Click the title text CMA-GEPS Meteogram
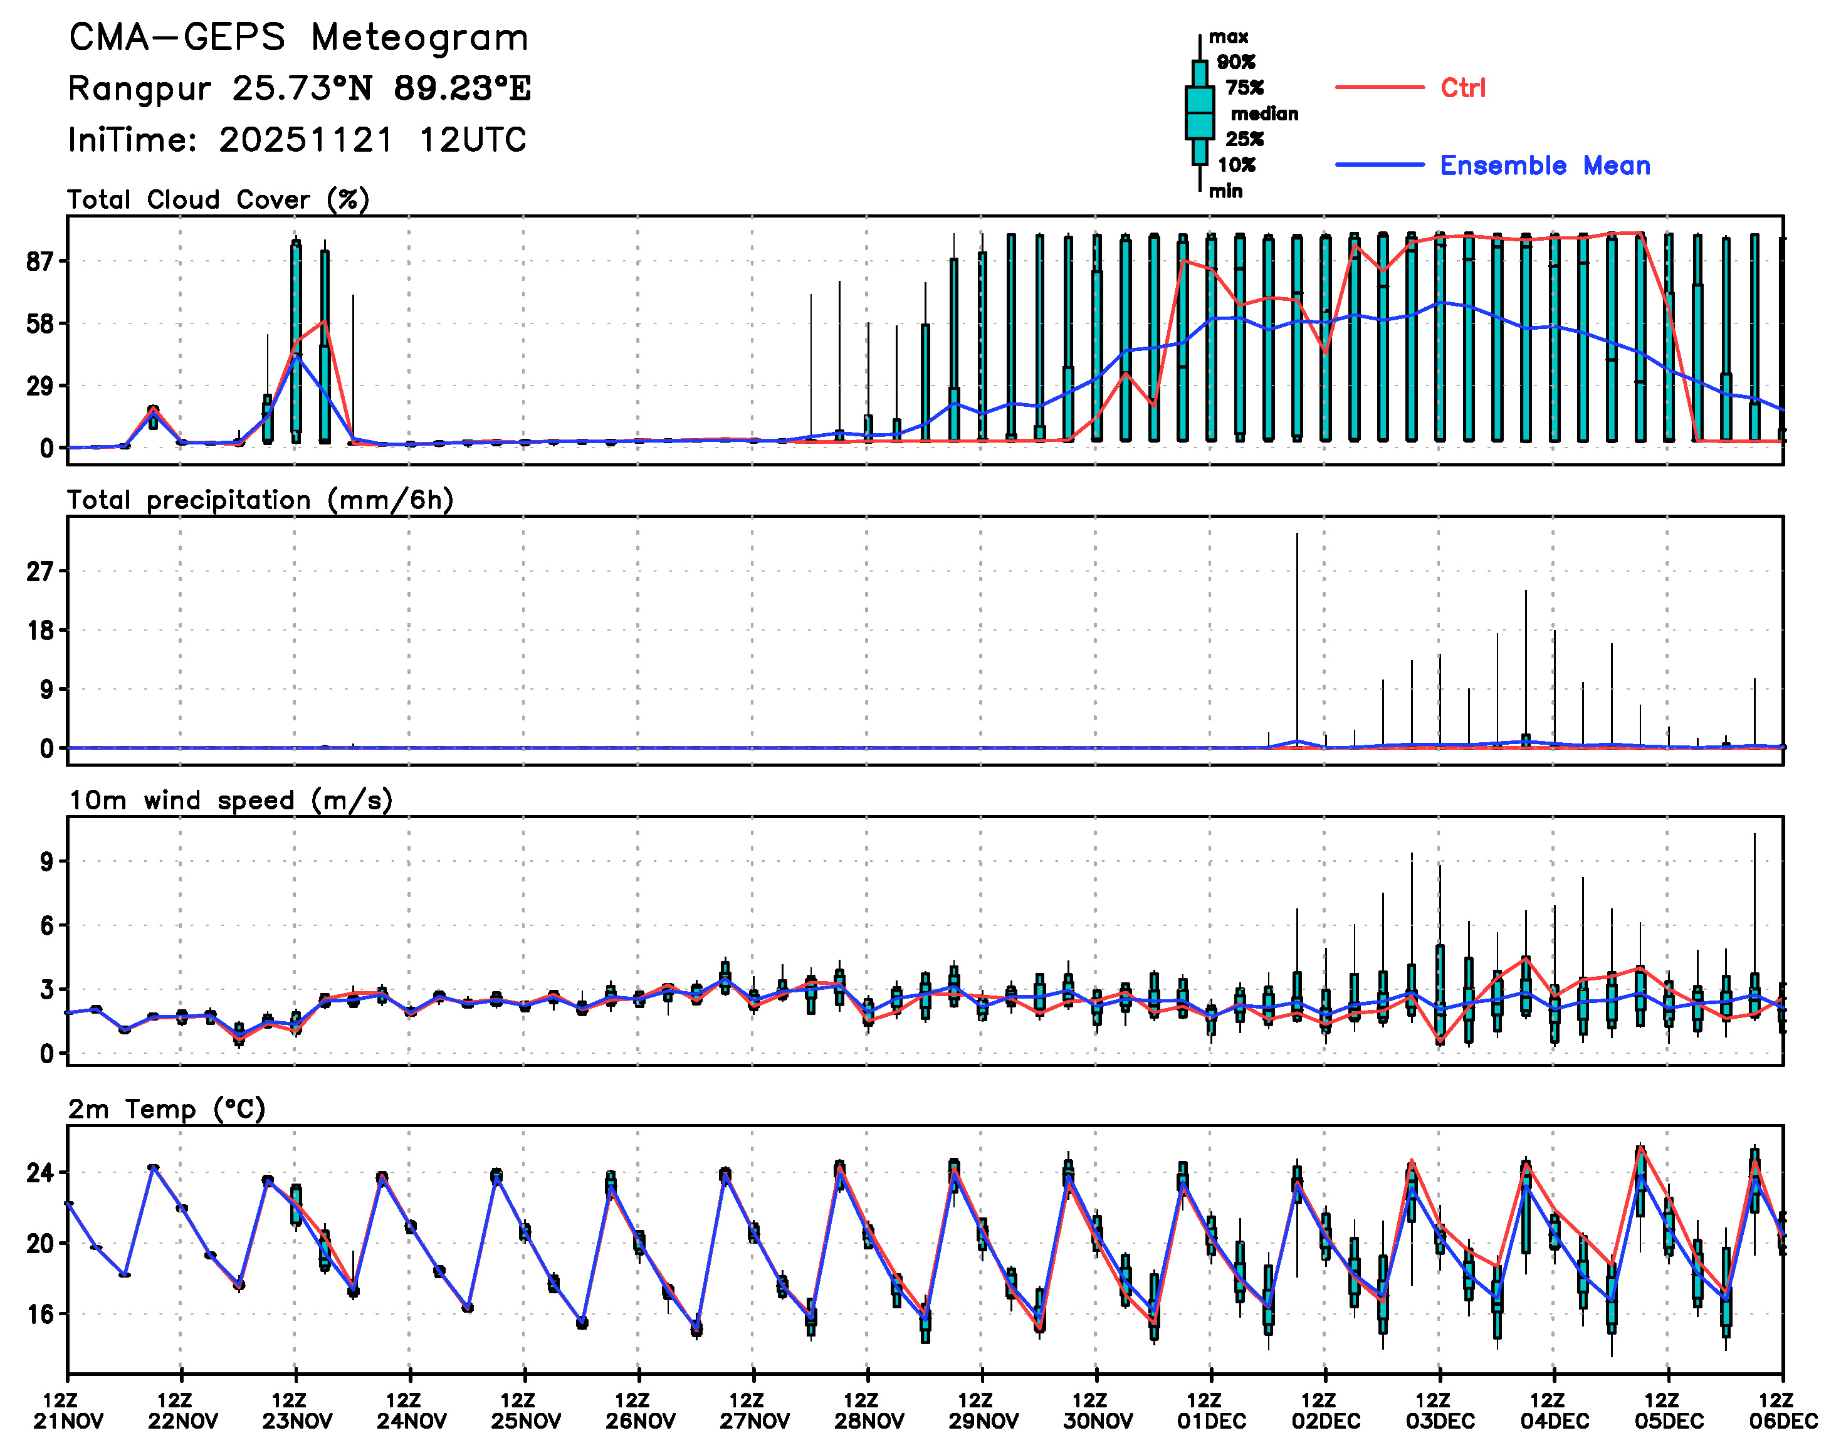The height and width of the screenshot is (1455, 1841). [298, 38]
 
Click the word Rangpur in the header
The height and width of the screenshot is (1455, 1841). [139, 88]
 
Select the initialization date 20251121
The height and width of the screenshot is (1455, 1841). [307, 140]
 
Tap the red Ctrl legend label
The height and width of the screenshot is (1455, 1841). [1463, 88]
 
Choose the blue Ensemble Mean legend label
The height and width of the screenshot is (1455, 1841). [1545, 165]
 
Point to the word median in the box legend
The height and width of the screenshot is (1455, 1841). [1264, 113]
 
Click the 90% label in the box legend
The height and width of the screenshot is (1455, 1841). [1235, 62]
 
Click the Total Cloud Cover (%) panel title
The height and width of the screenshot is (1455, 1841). [218, 199]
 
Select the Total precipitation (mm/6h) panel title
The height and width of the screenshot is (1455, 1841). [260, 500]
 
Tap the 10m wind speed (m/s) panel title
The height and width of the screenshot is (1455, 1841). [230, 801]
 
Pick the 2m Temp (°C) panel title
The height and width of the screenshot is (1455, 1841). [167, 1109]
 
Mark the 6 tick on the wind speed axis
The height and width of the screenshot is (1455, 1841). [47, 926]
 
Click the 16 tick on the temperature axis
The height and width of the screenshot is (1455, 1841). [40, 1315]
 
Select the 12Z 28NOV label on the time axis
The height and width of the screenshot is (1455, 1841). [868, 1410]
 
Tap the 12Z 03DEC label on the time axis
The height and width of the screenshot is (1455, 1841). [1439, 1410]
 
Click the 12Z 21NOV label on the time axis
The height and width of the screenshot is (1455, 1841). [68, 1410]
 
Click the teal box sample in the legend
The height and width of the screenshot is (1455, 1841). [1200, 112]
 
